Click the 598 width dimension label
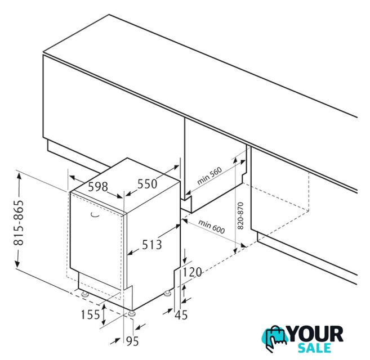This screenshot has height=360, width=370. click(x=98, y=187)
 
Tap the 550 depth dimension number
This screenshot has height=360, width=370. click(x=147, y=184)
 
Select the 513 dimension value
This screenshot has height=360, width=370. click(x=152, y=245)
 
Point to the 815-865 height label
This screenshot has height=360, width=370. click(x=19, y=223)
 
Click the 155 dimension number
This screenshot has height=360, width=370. click(x=90, y=314)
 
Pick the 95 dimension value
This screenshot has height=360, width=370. click(x=132, y=341)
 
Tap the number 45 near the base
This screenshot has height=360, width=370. click(x=181, y=315)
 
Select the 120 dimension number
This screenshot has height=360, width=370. click(x=192, y=272)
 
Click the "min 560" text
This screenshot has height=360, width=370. click(x=209, y=175)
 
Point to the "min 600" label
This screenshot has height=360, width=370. click(x=212, y=227)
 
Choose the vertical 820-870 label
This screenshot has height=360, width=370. click(x=240, y=215)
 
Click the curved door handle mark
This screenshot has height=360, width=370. click(x=95, y=214)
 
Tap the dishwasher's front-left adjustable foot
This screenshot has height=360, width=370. click(x=85, y=294)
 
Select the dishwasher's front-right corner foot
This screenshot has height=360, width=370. click(x=132, y=314)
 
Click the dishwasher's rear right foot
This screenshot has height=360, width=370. click(x=167, y=294)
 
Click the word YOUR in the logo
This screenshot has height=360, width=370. click(x=316, y=334)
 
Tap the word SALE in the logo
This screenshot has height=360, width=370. click(x=315, y=348)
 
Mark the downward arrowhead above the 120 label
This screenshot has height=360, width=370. click(x=185, y=260)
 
